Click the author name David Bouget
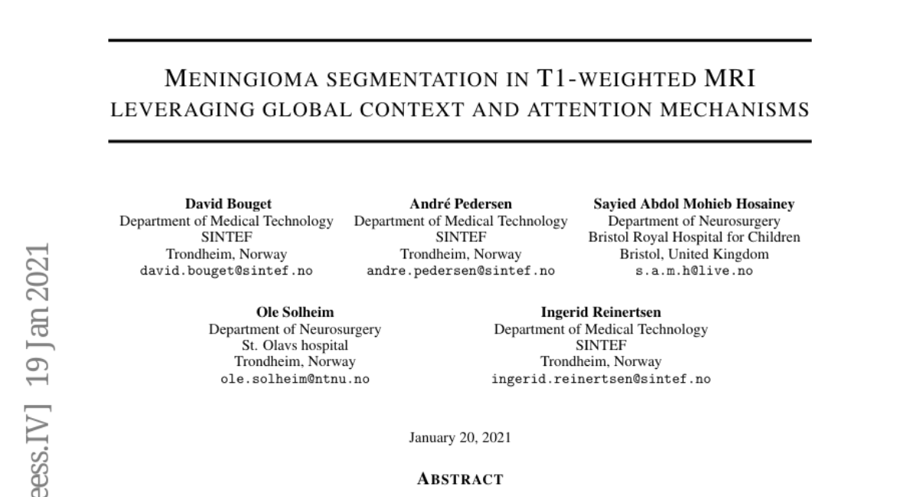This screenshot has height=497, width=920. [x=228, y=204]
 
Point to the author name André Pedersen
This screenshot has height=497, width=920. [x=461, y=204]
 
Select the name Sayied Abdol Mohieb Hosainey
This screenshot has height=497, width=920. [x=694, y=204]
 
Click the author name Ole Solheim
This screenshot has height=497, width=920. [x=294, y=312]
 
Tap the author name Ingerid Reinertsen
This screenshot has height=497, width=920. [x=600, y=312]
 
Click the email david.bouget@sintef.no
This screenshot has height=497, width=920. [x=227, y=271]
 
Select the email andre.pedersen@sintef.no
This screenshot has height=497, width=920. [x=461, y=271]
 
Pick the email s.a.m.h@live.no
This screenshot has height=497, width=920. [x=694, y=271]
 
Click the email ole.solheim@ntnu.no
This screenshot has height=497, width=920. [x=294, y=379]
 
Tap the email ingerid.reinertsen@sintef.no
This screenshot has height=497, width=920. [x=600, y=379]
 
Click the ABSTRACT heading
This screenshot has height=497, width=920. [x=460, y=480]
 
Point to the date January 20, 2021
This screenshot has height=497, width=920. [x=460, y=438]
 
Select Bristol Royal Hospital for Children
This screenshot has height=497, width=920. [x=694, y=237]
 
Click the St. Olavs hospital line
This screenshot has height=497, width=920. [x=294, y=345]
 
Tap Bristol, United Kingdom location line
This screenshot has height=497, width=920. [x=694, y=254]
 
